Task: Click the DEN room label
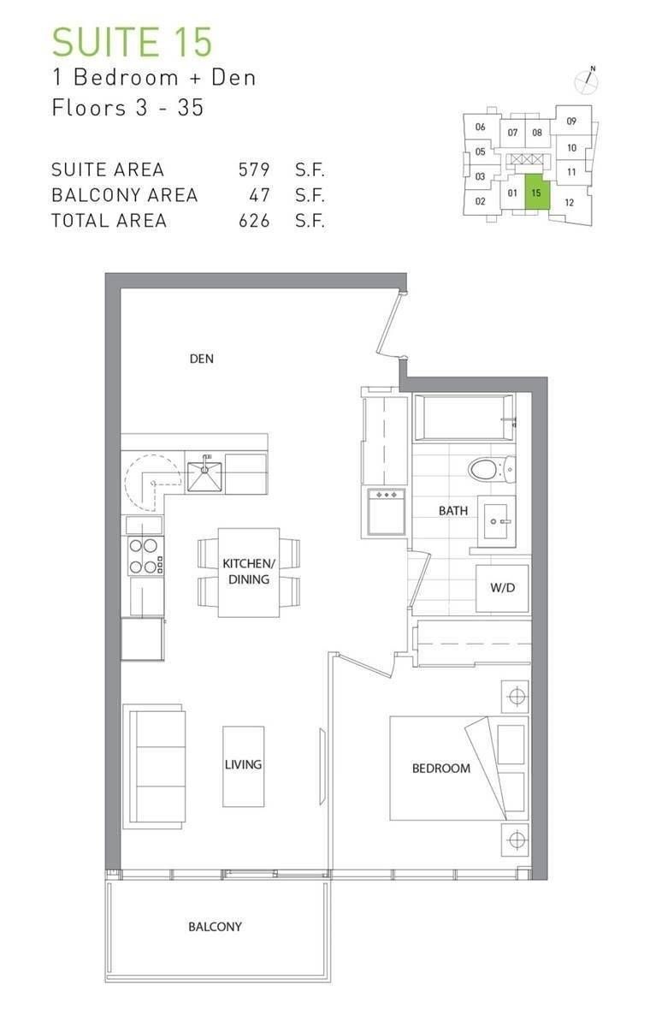(x=202, y=359)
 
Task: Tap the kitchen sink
(x=204, y=476)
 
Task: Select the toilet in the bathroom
(x=492, y=469)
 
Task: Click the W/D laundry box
(x=502, y=588)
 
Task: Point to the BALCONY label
(x=215, y=927)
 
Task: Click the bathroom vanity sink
(x=497, y=521)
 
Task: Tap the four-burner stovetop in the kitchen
(x=145, y=555)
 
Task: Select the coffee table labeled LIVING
(x=243, y=766)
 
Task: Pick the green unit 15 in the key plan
(x=537, y=193)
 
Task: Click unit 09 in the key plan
(x=571, y=121)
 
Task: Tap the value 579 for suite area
(x=254, y=169)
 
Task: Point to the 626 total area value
(x=254, y=221)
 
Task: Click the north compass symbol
(x=587, y=81)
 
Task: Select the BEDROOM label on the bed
(x=441, y=769)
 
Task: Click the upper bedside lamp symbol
(x=516, y=697)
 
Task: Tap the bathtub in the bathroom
(x=464, y=418)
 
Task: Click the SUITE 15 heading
(x=133, y=42)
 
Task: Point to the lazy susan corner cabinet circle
(x=153, y=483)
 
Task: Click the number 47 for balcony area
(x=259, y=195)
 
